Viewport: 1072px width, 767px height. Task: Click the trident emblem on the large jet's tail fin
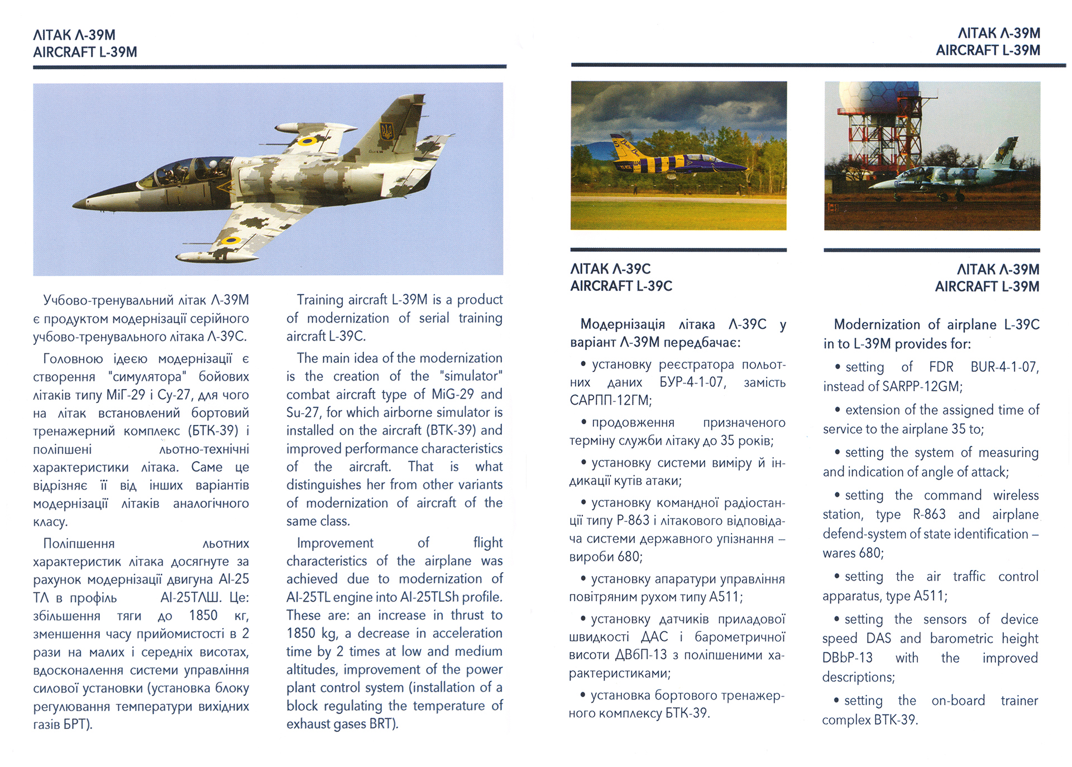point(386,132)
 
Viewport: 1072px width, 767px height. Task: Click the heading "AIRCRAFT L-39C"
point(621,286)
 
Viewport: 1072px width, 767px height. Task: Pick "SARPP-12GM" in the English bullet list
point(922,386)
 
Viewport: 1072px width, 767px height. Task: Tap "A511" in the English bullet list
point(929,596)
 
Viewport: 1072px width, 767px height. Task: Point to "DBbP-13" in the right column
point(847,658)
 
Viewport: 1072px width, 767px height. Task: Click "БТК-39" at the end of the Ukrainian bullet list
point(686,713)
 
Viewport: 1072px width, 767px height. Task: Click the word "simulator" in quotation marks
point(471,376)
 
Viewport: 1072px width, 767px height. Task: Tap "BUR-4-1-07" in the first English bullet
point(1004,367)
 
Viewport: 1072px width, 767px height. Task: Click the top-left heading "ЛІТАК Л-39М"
point(74,35)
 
